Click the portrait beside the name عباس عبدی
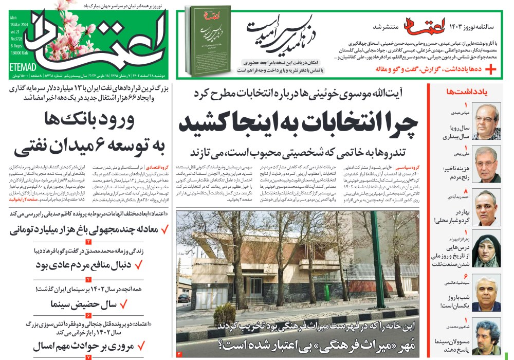[486, 121]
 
